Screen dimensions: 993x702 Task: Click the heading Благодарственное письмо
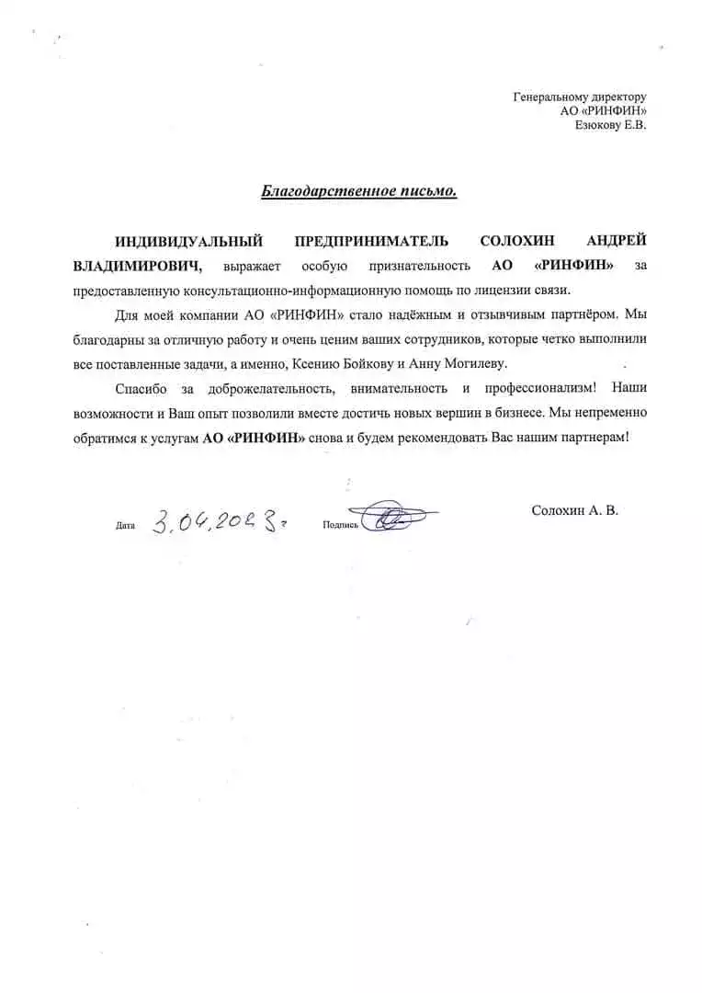coord(359,192)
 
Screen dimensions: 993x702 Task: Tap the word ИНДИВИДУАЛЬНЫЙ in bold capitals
coord(188,242)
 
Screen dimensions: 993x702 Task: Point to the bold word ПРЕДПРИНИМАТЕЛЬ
coord(371,242)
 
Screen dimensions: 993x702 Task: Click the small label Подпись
coord(340,525)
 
